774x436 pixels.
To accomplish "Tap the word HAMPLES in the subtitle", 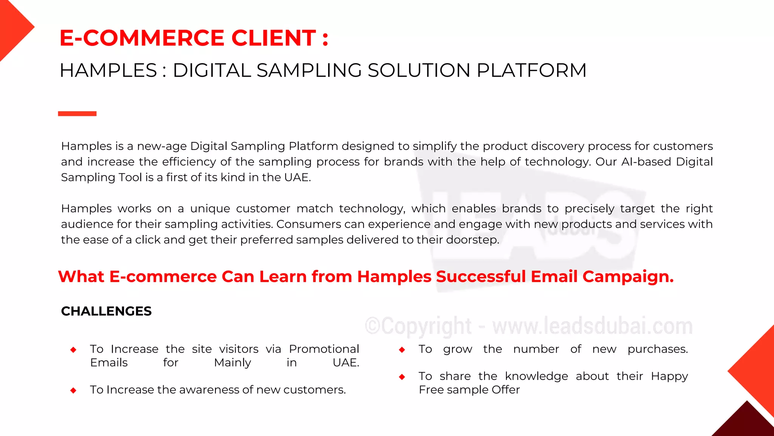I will coord(108,71).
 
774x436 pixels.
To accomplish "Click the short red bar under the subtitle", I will coord(77,114).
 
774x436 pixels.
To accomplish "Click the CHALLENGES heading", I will coord(106,311).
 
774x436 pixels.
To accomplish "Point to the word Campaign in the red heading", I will coord(628,277).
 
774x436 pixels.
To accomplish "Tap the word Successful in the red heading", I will coord(480,277).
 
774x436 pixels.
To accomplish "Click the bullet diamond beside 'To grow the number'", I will coord(402,350).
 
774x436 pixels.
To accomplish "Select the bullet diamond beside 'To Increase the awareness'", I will coord(73,391).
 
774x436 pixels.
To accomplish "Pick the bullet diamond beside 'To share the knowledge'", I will coord(402,377).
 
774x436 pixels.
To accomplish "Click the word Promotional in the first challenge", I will coord(324,349).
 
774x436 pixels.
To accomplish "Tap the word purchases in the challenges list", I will coord(658,349).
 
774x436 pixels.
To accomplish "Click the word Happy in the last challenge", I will coord(669,377).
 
